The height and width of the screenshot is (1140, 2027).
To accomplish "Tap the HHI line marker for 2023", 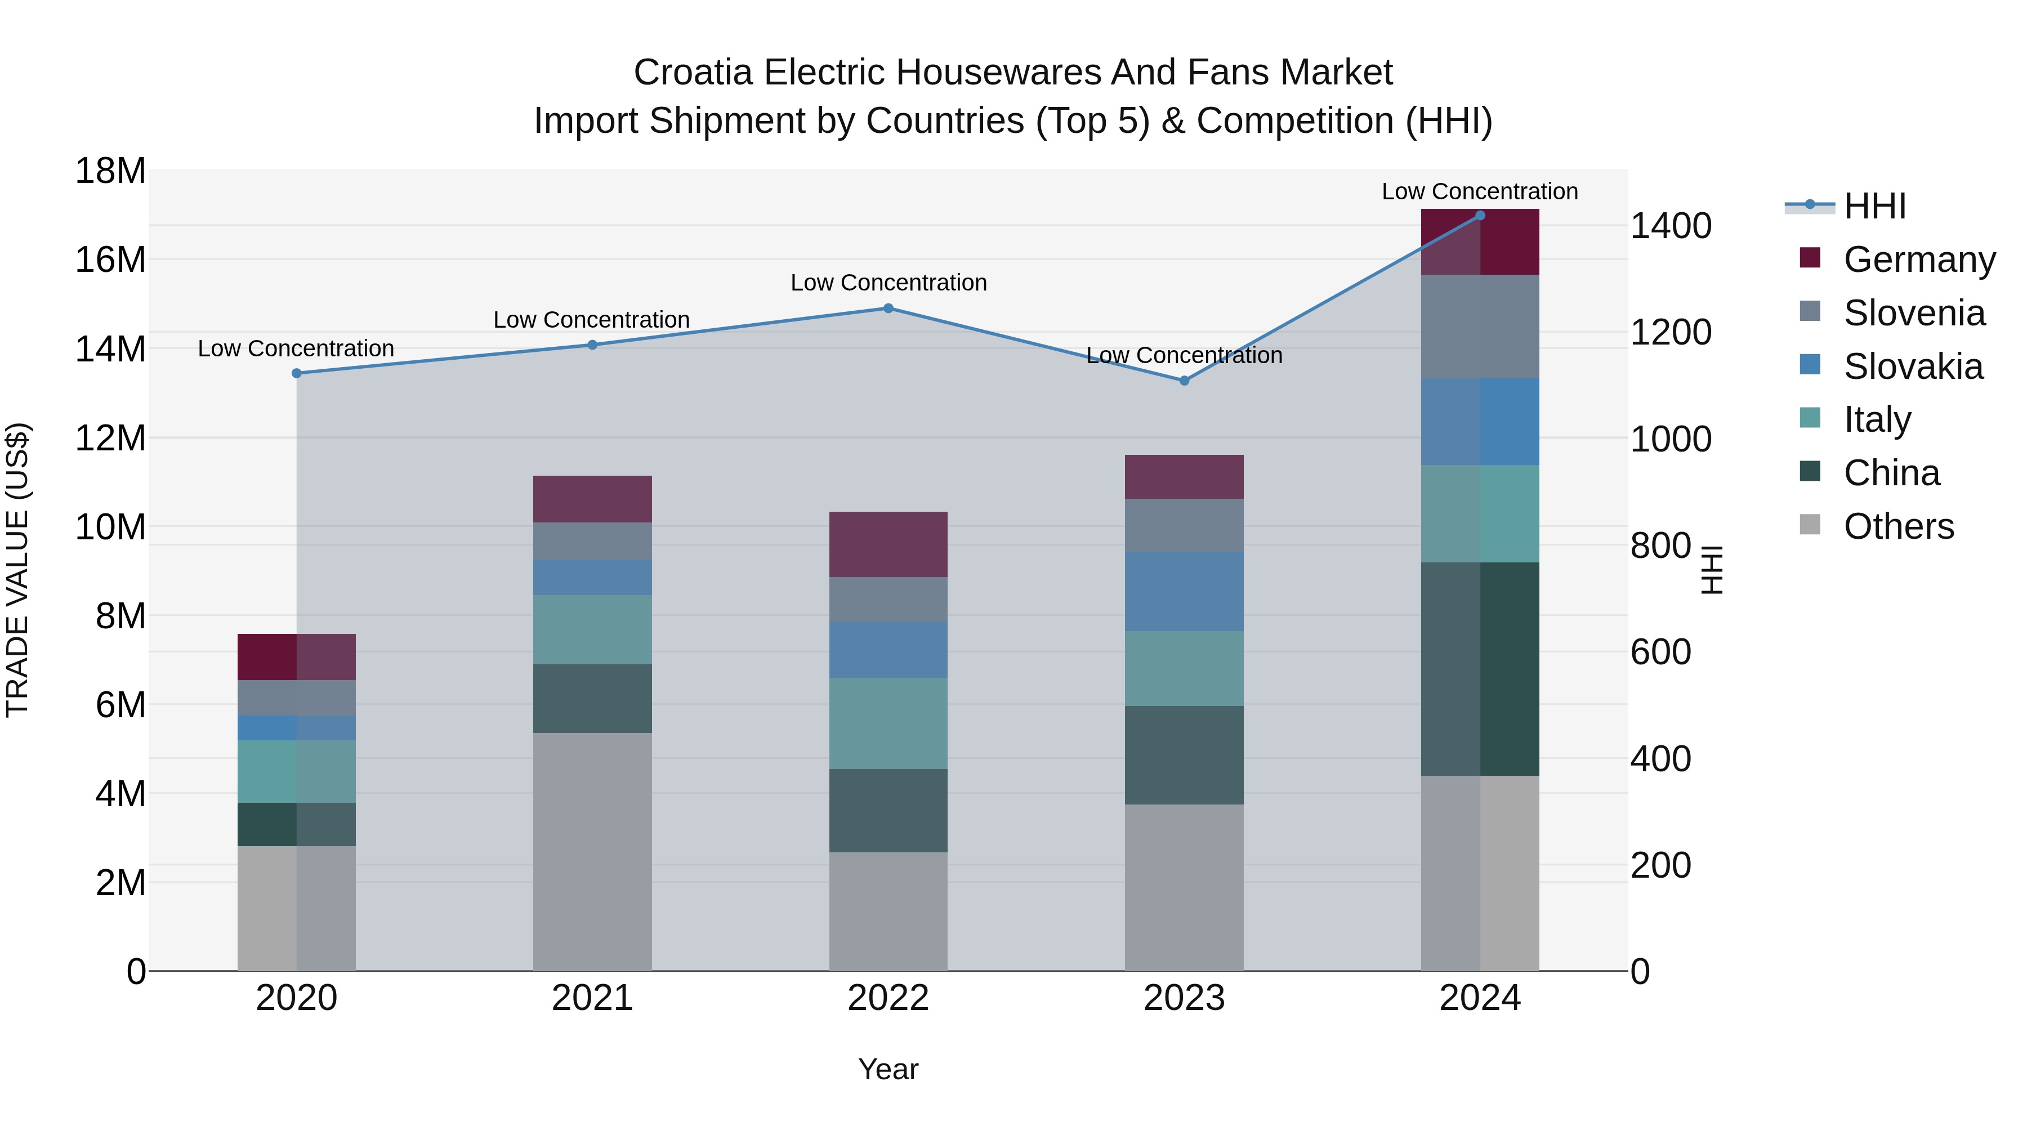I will click(1184, 381).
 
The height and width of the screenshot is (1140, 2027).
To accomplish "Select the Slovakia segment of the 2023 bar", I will click(1184, 592).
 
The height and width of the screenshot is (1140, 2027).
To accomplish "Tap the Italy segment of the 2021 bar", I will click(592, 629).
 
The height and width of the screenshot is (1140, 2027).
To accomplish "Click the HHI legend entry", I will click(1873, 206).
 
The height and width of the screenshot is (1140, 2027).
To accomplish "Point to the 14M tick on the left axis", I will click(110, 349).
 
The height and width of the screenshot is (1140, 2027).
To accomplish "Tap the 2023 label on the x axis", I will click(1184, 998).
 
